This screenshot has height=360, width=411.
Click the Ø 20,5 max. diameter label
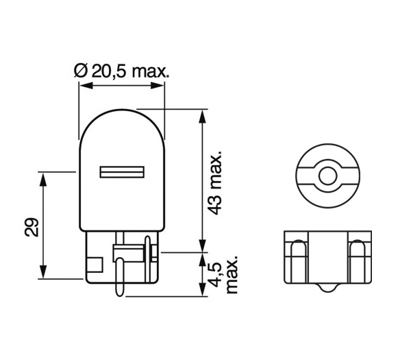121,71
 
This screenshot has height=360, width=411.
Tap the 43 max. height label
216,183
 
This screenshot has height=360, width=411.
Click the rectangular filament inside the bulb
121,171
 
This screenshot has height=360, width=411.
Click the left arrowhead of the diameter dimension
84,86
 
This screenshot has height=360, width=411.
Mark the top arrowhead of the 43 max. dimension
201,113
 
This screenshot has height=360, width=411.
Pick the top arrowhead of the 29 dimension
43,177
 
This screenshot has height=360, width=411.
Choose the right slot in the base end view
357,261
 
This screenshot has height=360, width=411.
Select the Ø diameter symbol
78,71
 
